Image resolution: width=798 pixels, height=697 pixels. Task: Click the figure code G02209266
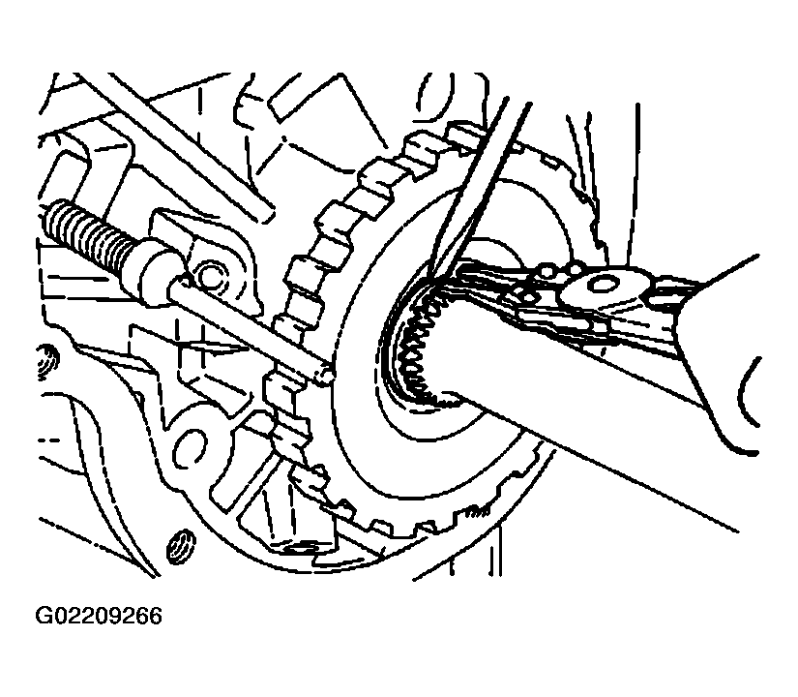99,616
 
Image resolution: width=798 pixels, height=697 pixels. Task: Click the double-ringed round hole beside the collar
209,277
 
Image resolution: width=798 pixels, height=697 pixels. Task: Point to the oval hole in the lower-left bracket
189,447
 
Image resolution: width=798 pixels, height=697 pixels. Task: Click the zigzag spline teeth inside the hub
417,347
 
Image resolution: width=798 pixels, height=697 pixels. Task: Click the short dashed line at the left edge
49,440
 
